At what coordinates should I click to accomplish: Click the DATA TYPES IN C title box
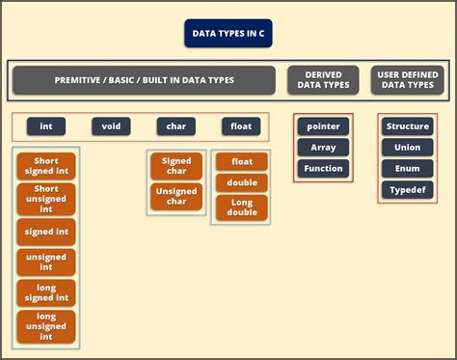[x=228, y=33]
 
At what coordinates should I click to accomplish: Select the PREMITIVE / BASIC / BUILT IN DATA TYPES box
[x=144, y=80]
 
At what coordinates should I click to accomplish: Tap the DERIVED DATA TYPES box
[x=323, y=80]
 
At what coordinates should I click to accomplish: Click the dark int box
[x=45, y=126]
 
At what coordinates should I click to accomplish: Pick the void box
[x=111, y=126]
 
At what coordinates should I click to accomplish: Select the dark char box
[x=176, y=126]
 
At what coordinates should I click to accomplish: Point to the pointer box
[x=323, y=126]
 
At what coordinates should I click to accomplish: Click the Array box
[x=323, y=148]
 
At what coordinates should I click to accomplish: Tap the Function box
[x=323, y=169]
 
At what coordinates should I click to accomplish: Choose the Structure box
[x=407, y=126]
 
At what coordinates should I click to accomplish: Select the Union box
[x=407, y=148]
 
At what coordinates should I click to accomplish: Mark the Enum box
[x=407, y=169]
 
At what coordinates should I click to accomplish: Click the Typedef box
[x=407, y=190]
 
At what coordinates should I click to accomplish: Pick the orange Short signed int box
[x=46, y=166]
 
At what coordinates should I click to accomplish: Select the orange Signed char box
[x=176, y=166]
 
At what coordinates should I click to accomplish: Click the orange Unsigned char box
[x=176, y=196]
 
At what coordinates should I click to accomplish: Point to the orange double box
[x=241, y=183]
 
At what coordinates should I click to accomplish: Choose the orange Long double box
[x=241, y=208]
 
